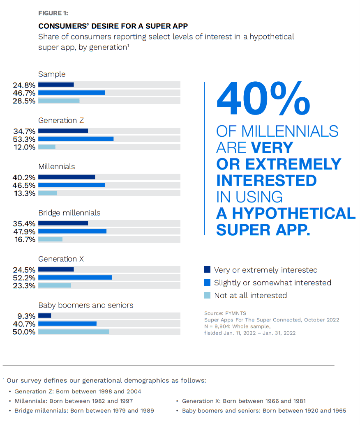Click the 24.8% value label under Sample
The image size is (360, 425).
click(24, 85)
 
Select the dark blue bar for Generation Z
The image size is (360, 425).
click(63, 131)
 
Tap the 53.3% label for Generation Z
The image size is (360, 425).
click(24, 139)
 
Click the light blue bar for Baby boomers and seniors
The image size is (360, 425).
click(74, 332)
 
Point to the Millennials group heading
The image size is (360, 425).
click(57, 167)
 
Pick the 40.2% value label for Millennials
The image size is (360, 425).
click(24, 177)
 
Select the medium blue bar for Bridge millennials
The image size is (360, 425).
click(72, 231)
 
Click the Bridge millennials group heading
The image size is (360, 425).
click(69, 213)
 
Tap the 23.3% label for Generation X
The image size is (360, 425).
click(24, 286)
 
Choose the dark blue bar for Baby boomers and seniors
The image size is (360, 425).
click(44, 316)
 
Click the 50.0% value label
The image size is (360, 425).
click(24, 332)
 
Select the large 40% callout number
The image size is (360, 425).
click(263, 99)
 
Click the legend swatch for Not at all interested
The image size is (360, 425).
click(207, 295)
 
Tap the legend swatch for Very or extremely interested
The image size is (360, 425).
click(207, 270)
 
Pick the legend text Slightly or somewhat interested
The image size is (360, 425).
click(272, 283)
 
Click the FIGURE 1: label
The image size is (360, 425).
click(53, 13)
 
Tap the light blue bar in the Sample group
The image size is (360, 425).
click(59, 101)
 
